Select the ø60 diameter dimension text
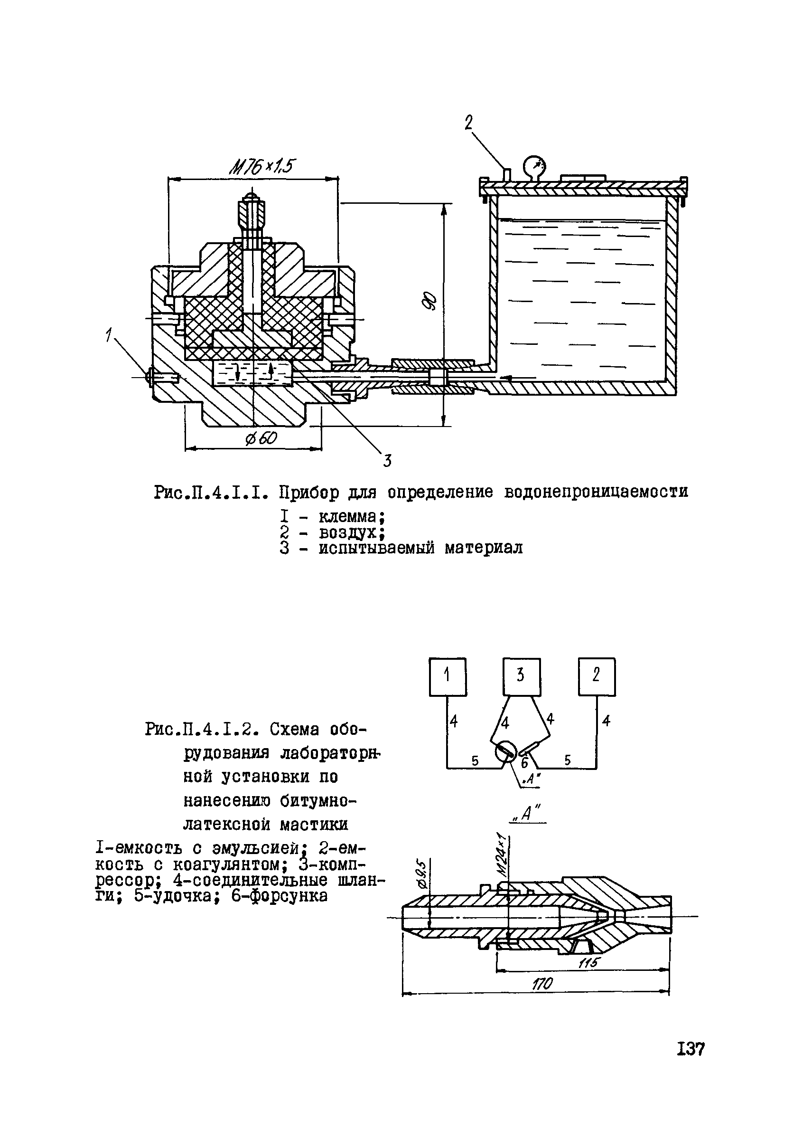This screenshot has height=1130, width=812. pyautogui.click(x=261, y=438)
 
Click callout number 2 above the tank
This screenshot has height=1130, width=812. pyautogui.click(x=468, y=123)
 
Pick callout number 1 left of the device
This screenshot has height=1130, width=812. pyautogui.click(x=108, y=337)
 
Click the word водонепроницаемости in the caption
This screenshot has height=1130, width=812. pyautogui.click(x=597, y=492)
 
